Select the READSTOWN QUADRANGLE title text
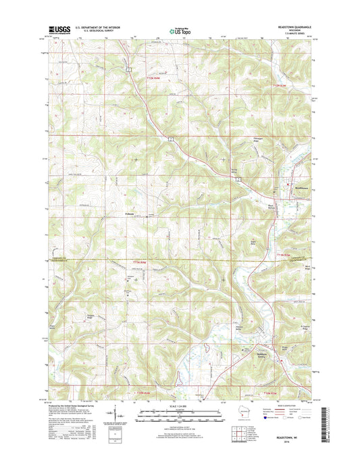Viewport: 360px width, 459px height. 294,27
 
